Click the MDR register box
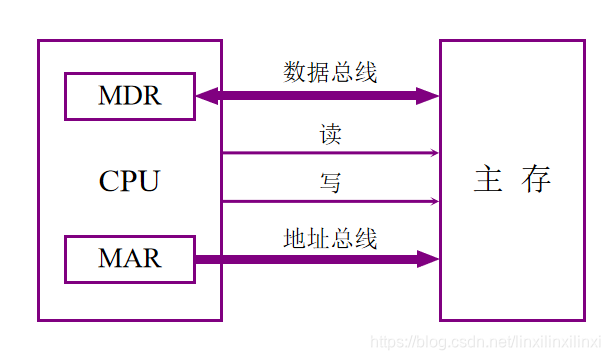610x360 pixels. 130,96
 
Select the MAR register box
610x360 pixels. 130,259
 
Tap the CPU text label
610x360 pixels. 129,182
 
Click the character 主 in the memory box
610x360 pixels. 487,180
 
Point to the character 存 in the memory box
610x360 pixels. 536,180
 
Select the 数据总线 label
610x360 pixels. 330,72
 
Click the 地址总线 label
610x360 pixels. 330,239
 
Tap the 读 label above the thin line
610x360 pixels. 331,135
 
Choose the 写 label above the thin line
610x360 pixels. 331,183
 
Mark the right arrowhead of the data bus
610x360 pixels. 428,96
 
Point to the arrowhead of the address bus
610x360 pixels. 428,259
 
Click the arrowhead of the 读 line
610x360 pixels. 434,153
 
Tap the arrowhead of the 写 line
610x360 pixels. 434,201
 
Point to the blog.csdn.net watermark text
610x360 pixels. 484,342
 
